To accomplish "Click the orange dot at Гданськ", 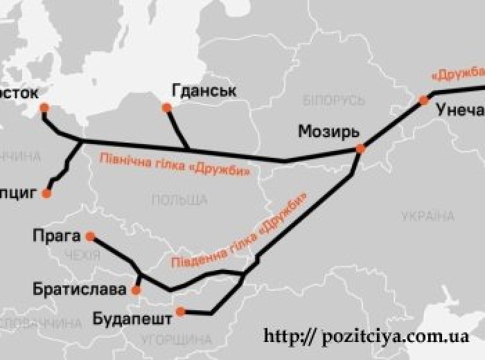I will tap(166, 107).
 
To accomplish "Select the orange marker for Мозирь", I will tap(360, 148).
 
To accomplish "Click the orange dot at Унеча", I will tap(424, 101).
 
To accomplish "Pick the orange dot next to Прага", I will tap(90, 236).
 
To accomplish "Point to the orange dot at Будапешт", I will tap(180, 312).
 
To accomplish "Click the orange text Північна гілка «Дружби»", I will tap(175, 163).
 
